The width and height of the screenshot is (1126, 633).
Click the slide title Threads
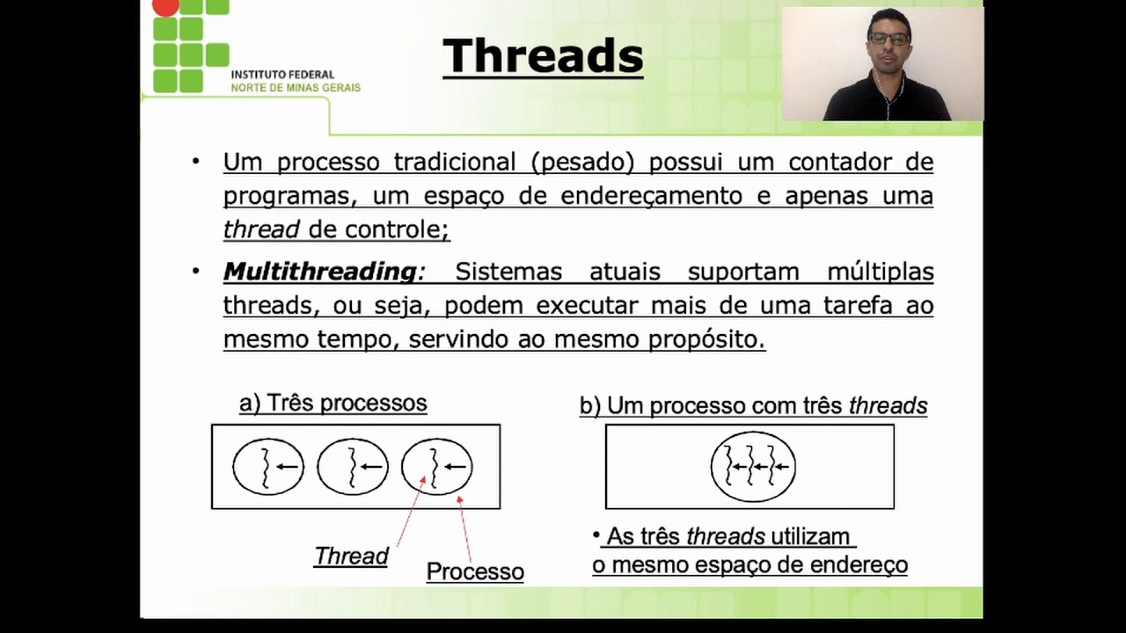click(543, 56)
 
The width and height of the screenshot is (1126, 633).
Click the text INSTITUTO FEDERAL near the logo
click(282, 75)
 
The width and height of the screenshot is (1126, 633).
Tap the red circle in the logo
click(165, 6)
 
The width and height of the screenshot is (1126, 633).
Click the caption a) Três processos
click(333, 404)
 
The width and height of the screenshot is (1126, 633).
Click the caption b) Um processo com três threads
click(753, 406)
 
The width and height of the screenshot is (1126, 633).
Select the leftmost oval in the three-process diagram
click(268, 466)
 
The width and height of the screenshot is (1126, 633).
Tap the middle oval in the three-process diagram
click(353, 466)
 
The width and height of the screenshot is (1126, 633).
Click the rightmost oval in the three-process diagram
click(437, 466)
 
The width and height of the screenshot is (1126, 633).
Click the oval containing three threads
click(753, 467)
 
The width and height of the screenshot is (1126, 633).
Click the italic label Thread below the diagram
click(351, 557)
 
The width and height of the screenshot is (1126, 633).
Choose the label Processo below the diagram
click(475, 571)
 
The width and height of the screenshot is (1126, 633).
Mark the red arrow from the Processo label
click(464, 527)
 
